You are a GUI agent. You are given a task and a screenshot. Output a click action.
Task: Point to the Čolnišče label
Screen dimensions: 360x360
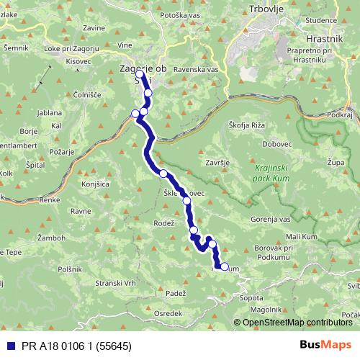click(86, 94)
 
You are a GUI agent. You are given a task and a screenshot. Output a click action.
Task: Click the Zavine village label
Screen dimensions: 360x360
click(94, 27)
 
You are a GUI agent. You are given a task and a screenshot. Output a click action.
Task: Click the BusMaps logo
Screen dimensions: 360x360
click(325, 344)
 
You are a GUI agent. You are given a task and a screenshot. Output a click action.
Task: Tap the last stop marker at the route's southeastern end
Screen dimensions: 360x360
click(225, 267)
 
